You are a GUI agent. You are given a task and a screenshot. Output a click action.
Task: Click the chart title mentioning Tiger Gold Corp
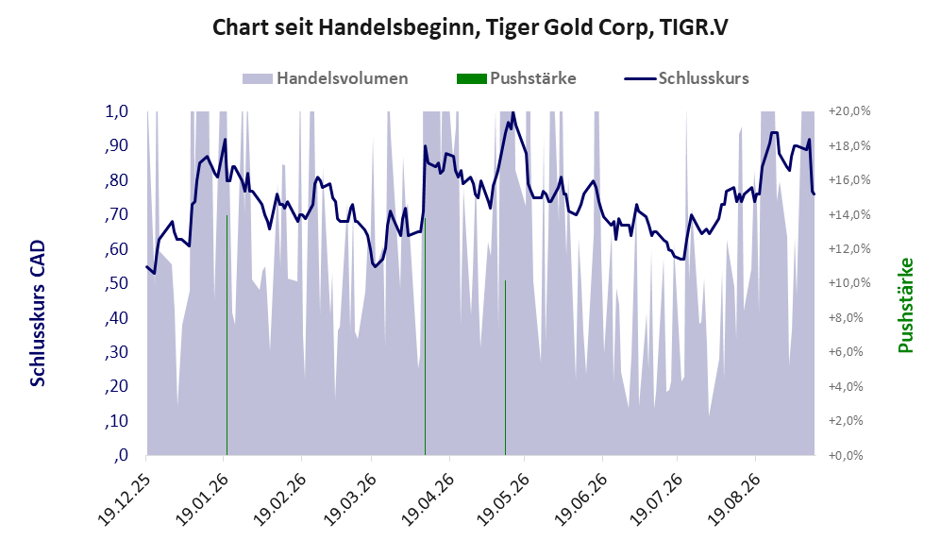[x=470, y=28]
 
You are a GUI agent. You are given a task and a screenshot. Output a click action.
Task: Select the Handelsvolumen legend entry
[x=326, y=78]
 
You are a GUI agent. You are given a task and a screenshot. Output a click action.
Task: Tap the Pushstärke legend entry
[x=516, y=78]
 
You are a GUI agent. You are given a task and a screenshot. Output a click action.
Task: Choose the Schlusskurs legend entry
[x=686, y=78]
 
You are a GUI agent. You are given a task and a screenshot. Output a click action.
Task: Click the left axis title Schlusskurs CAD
[x=38, y=312]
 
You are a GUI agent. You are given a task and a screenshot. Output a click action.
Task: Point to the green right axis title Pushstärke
[x=905, y=305]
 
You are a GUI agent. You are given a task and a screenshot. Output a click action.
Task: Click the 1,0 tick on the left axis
[x=117, y=111]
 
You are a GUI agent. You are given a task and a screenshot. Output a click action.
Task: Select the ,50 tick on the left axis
[x=116, y=283]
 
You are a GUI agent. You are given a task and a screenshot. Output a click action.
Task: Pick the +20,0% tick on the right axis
[x=849, y=111]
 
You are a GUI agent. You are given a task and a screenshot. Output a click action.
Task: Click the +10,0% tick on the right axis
[x=849, y=283]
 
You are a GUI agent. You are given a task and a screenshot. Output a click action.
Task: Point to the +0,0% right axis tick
[x=847, y=456]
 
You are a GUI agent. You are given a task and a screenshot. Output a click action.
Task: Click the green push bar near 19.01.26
[x=227, y=335]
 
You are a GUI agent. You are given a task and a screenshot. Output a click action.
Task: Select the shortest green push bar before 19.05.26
[x=505, y=367]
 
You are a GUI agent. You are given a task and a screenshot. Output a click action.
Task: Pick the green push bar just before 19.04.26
[x=425, y=336]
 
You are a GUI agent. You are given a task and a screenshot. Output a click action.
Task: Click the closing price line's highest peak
[x=513, y=112]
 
